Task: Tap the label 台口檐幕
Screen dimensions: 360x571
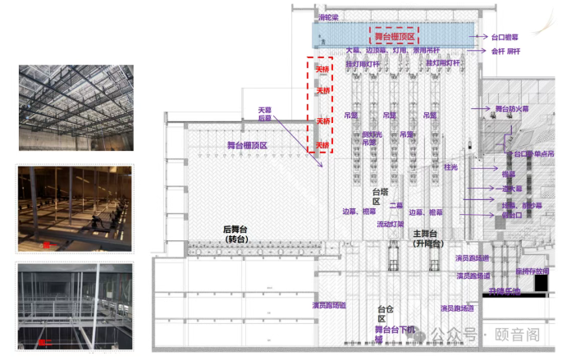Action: tap(505, 37)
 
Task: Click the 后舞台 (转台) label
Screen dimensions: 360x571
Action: tap(238, 234)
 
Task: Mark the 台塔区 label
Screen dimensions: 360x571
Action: tap(378, 196)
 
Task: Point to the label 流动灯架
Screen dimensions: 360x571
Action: tap(391, 223)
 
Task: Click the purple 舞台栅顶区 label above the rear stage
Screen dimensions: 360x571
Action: tap(248, 145)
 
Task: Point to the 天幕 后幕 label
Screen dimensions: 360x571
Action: tap(264, 113)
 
